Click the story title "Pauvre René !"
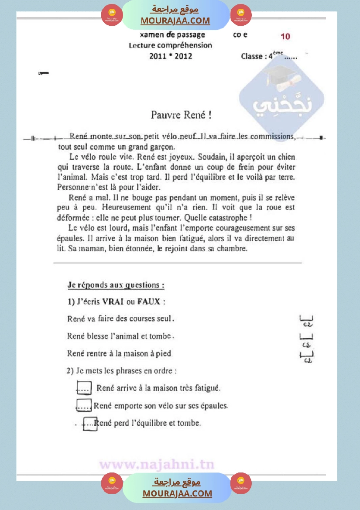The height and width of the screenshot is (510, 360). tap(181, 115)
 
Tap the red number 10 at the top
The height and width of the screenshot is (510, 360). tap(285, 37)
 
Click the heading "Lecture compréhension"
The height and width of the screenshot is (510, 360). tap(170, 45)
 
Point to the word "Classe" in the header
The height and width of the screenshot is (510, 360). tap(252, 56)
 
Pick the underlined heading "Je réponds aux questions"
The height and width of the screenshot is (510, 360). tap(116, 285)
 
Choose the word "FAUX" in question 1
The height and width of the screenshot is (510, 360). tap(148, 301)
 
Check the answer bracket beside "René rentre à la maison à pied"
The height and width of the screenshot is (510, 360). tap(307, 355)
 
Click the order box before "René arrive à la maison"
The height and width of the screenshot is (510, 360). tap(84, 387)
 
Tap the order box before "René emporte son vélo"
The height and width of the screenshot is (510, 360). tap(83, 405)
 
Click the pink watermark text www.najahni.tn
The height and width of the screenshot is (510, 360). tap(157, 464)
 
